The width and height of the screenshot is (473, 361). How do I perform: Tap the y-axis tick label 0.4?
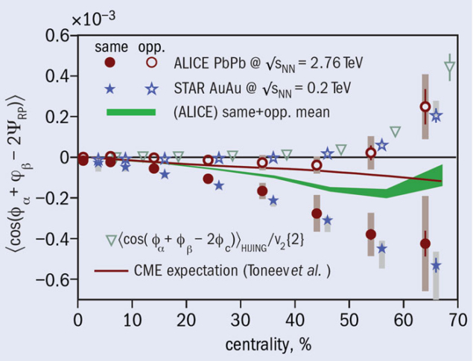click(57, 76)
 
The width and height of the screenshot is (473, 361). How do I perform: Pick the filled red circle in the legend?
click(110, 62)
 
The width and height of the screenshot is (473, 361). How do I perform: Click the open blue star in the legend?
click(152, 89)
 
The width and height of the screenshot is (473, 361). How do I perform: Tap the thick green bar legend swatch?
click(131, 112)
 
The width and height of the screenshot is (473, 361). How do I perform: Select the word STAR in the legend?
click(188, 89)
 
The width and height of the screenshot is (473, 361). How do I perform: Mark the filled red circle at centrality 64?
click(425, 243)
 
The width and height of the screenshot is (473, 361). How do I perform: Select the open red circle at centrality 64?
click(425, 106)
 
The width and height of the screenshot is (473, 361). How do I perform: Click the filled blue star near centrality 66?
click(436, 266)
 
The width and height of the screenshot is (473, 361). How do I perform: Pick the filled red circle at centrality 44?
click(317, 214)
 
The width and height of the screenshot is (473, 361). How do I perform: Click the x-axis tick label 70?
click(456, 319)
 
